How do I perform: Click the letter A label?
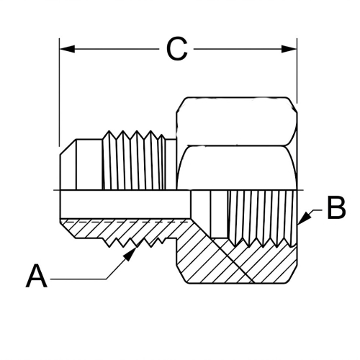click(x=37, y=276)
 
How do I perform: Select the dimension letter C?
click(x=177, y=49)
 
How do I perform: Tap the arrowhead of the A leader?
click(x=134, y=251)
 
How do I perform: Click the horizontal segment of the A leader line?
click(x=79, y=278)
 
